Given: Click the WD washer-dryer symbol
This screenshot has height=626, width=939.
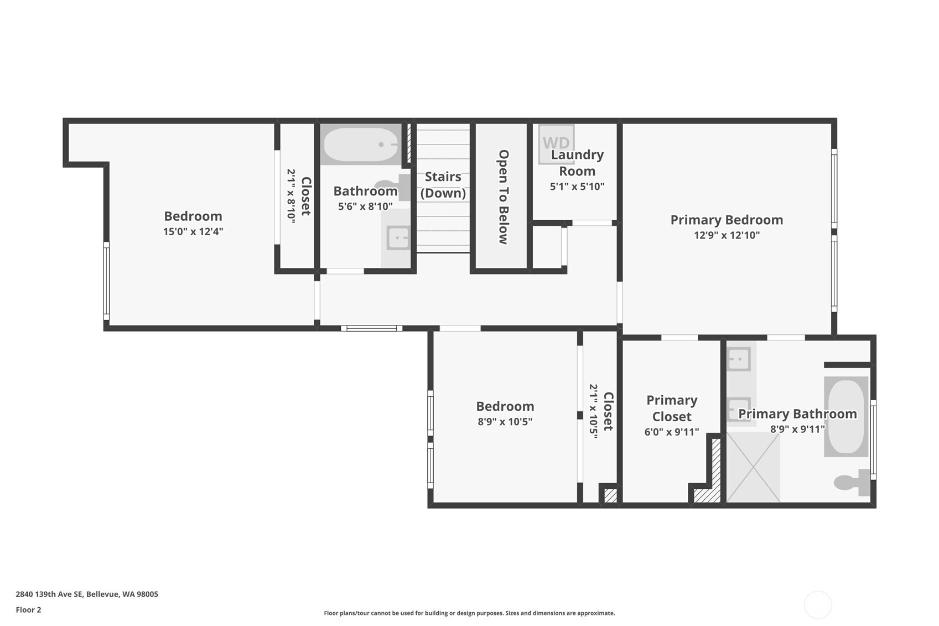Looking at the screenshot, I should (556, 143).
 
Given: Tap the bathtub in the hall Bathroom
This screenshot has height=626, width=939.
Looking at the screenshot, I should (361, 144).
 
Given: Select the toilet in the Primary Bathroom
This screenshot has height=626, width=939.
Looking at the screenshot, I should (852, 483).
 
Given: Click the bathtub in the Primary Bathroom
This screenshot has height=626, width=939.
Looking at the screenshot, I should (846, 416).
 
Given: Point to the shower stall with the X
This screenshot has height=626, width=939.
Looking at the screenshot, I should (753, 468).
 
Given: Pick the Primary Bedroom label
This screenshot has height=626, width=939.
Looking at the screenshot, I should (727, 220).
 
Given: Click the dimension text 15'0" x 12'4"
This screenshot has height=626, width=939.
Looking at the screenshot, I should (193, 231).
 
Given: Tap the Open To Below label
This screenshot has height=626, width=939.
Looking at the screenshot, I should (504, 196).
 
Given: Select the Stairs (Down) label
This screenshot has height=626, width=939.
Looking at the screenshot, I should (443, 184).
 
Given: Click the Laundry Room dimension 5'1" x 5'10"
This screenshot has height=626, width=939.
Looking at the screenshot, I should (577, 187).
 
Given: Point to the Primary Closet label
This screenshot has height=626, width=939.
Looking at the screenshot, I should (672, 408).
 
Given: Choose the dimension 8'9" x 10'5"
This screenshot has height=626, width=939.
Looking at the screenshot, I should (505, 422).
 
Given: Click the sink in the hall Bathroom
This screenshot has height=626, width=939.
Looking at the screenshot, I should (398, 239).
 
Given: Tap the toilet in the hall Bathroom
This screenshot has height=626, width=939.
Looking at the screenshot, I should (393, 186).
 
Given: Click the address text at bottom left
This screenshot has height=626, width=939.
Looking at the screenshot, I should (87, 594).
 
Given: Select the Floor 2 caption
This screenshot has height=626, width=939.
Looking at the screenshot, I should (28, 610).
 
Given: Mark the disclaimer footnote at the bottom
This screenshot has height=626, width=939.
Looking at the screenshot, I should (469, 613).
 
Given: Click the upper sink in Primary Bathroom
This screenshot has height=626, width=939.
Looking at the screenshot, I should (739, 359).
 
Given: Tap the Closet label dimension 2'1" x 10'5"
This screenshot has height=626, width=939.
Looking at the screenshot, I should (594, 411).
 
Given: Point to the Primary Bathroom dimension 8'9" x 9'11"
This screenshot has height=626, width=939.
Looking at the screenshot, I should (797, 429).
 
